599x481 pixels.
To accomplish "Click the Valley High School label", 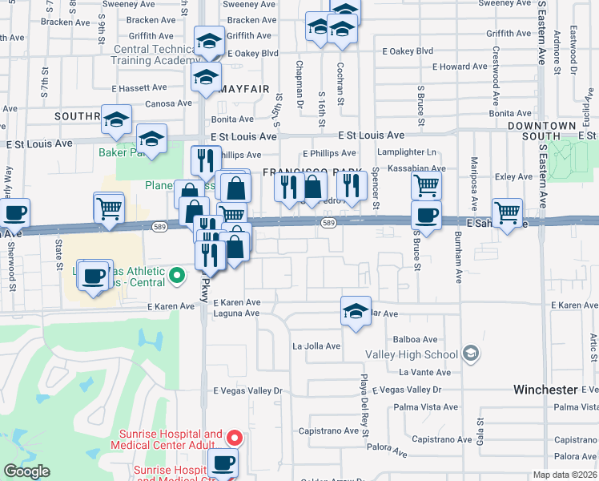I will (412, 354).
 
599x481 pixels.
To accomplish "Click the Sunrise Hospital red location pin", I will (235, 438).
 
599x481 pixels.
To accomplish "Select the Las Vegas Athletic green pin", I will (179, 281).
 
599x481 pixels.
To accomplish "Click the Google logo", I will (26, 471).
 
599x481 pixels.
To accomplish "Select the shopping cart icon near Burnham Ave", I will (507, 213).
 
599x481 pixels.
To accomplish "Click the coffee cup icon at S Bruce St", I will (426, 215).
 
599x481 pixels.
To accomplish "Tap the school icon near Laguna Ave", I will (356, 311).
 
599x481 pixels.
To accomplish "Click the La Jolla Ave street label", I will (316, 346).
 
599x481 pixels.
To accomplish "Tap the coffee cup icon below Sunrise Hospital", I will (223, 463).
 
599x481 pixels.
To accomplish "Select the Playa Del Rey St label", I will (364, 417).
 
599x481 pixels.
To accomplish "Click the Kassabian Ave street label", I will (416, 168).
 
